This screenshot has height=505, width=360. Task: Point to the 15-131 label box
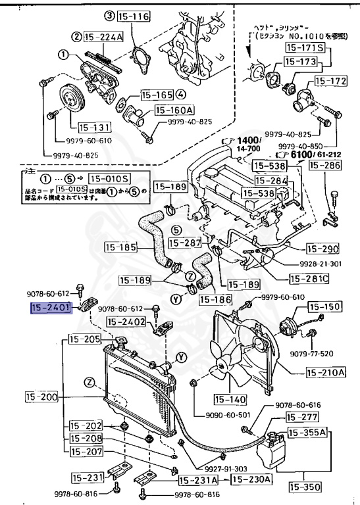91,128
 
